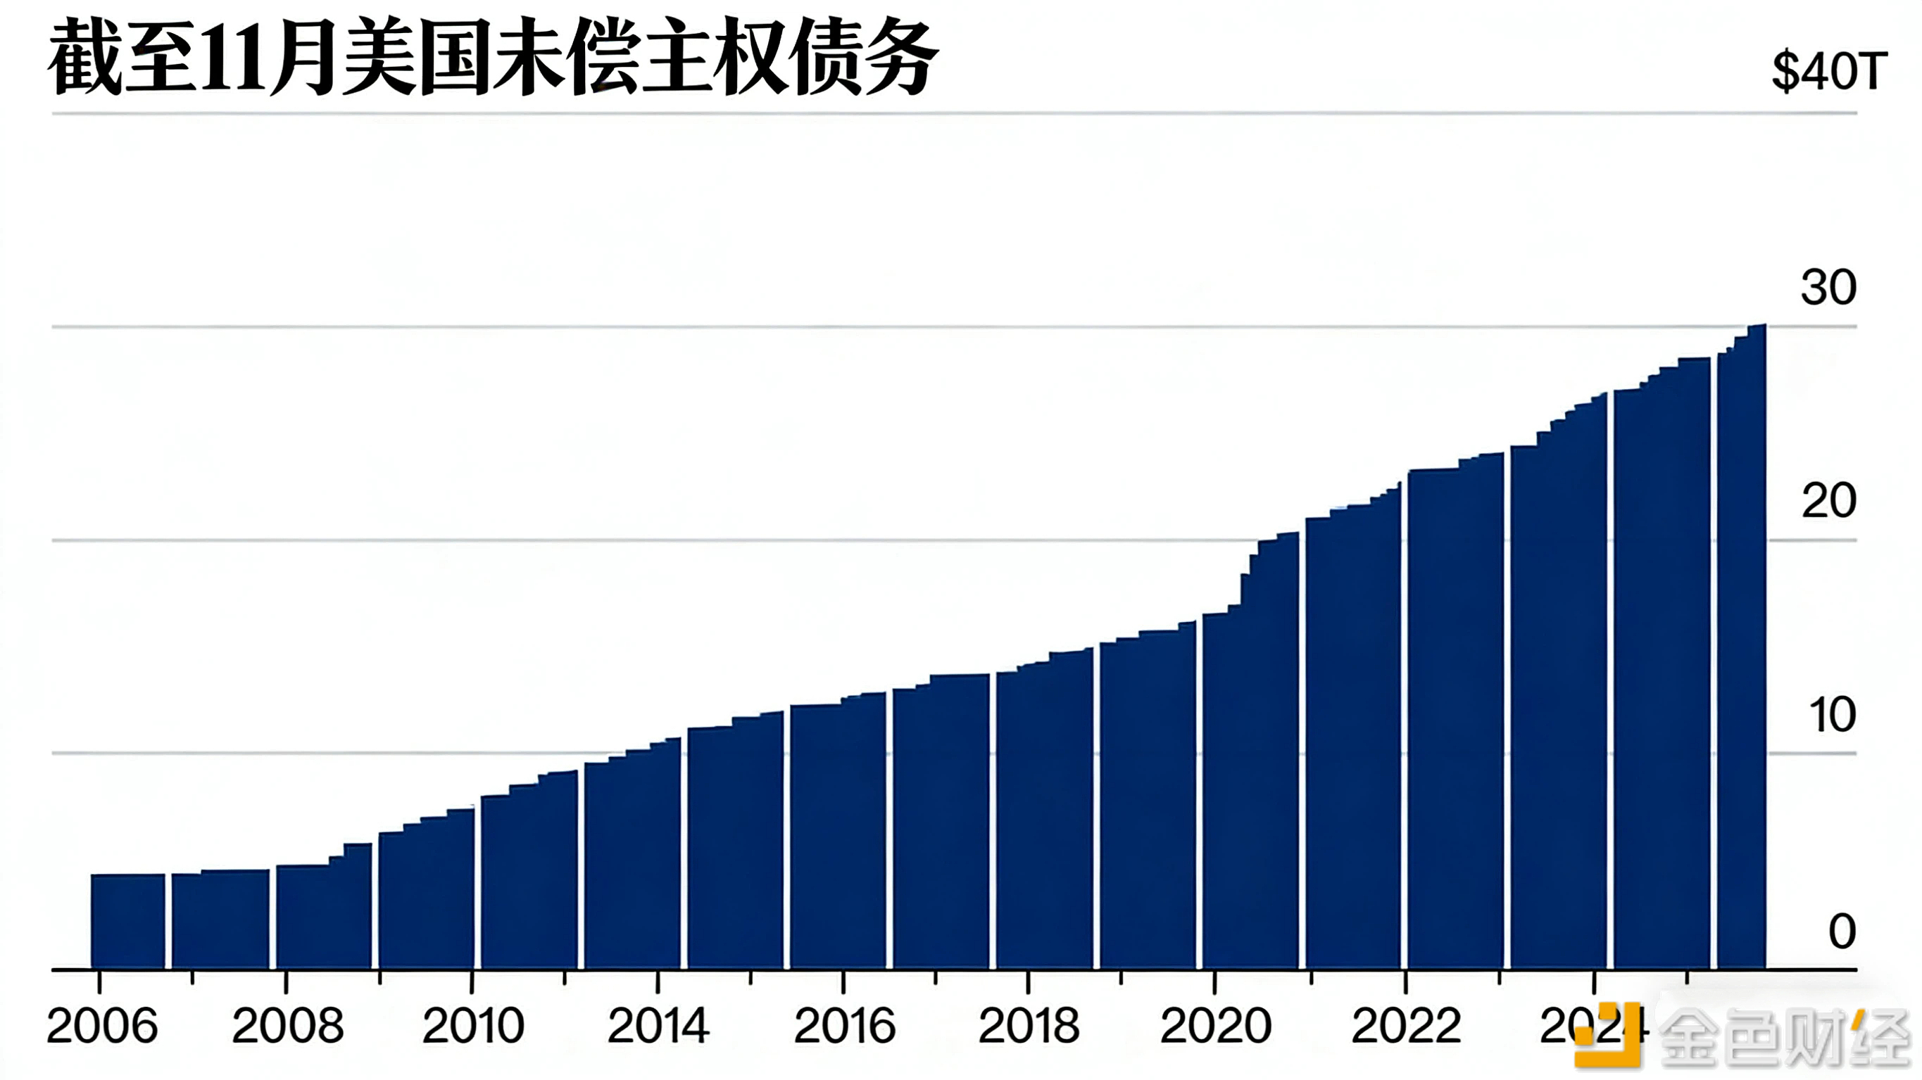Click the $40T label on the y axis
pos(1829,72)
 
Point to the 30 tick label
pos(1828,287)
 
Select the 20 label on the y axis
pos(1828,500)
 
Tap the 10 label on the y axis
pos(1832,716)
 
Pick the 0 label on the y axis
pos(1842,931)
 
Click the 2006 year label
pos(102,1027)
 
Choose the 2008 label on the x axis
pos(287,1027)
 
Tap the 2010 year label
pos(473,1027)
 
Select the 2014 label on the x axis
pos(658,1027)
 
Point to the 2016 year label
pos(844,1027)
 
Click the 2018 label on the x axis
pos(1029,1027)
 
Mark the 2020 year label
pos(1215,1027)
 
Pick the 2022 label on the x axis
pos(1406,1027)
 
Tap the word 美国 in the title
pos(417,58)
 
